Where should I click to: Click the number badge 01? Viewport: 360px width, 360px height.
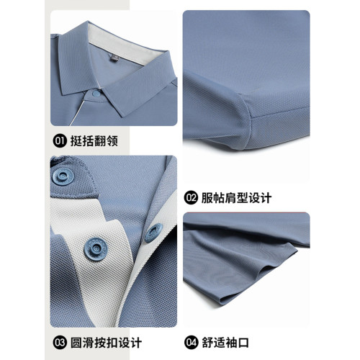click(60, 141)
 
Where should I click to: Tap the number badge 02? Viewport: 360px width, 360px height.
click(191, 198)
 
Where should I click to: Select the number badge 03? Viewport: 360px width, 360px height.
click(60, 342)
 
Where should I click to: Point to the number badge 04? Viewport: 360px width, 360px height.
click(192, 342)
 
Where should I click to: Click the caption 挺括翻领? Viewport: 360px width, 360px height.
click(94, 141)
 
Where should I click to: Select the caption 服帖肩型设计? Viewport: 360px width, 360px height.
click(236, 198)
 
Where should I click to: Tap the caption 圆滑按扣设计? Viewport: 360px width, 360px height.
click(106, 342)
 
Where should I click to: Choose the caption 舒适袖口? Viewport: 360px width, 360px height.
click(225, 342)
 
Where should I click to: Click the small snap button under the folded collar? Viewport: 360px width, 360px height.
click(96, 94)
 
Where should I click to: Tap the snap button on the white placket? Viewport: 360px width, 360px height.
click(96, 249)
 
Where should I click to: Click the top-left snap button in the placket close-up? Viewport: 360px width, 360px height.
click(63, 176)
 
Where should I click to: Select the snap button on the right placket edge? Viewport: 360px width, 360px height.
click(153, 233)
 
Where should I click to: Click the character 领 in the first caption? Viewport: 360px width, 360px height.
click(112, 141)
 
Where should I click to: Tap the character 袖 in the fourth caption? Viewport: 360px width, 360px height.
click(231, 342)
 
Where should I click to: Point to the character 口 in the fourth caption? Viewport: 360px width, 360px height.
click(243, 343)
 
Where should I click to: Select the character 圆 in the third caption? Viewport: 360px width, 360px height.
click(76, 342)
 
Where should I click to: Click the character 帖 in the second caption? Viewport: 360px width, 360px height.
click(219, 198)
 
